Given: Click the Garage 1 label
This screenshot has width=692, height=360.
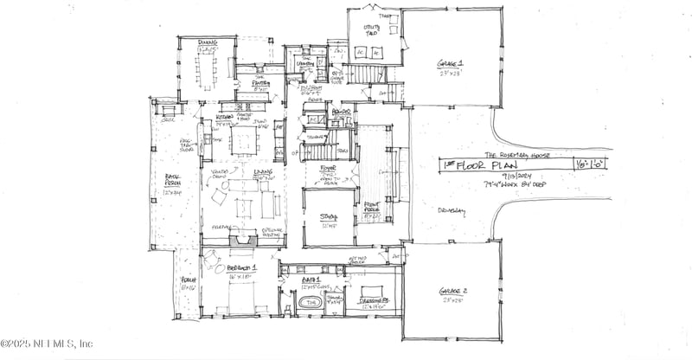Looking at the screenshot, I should click(x=450, y=65).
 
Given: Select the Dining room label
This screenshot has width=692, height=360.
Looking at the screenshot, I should click(x=206, y=42).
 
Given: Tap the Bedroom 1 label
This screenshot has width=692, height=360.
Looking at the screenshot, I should click(x=241, y=269).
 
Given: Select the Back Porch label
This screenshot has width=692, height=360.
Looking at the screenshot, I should click(x=172, y=183).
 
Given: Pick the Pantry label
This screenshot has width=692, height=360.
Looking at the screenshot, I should click(x=262, y=85).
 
